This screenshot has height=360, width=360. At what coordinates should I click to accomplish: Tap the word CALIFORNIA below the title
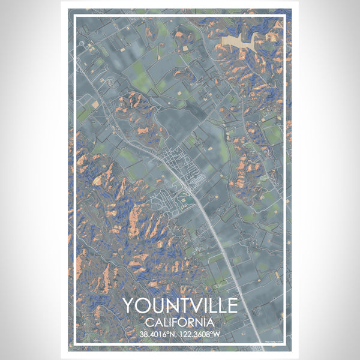[180, 322]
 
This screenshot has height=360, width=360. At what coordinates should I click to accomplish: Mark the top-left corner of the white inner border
[75, 16]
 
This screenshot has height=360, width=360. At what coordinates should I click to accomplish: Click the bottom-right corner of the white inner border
[285, 345]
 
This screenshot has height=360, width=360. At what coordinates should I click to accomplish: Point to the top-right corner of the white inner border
[285, 16]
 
